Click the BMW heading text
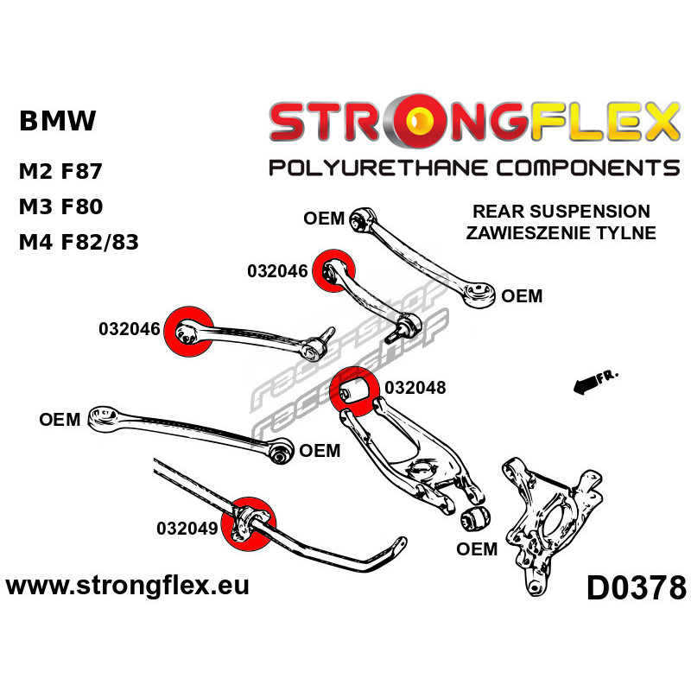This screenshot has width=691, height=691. [57, 121]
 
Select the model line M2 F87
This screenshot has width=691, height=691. [60, 170]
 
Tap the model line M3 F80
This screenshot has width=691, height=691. [60, 206]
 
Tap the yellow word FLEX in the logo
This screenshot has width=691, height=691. [591, 122]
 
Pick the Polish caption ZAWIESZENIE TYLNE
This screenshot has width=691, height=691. [561, 232]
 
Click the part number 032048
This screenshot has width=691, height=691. [415, 388]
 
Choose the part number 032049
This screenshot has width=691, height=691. [186, 528]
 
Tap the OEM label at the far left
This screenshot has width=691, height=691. [60, 421]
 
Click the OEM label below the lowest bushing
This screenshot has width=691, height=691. [478, 549]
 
